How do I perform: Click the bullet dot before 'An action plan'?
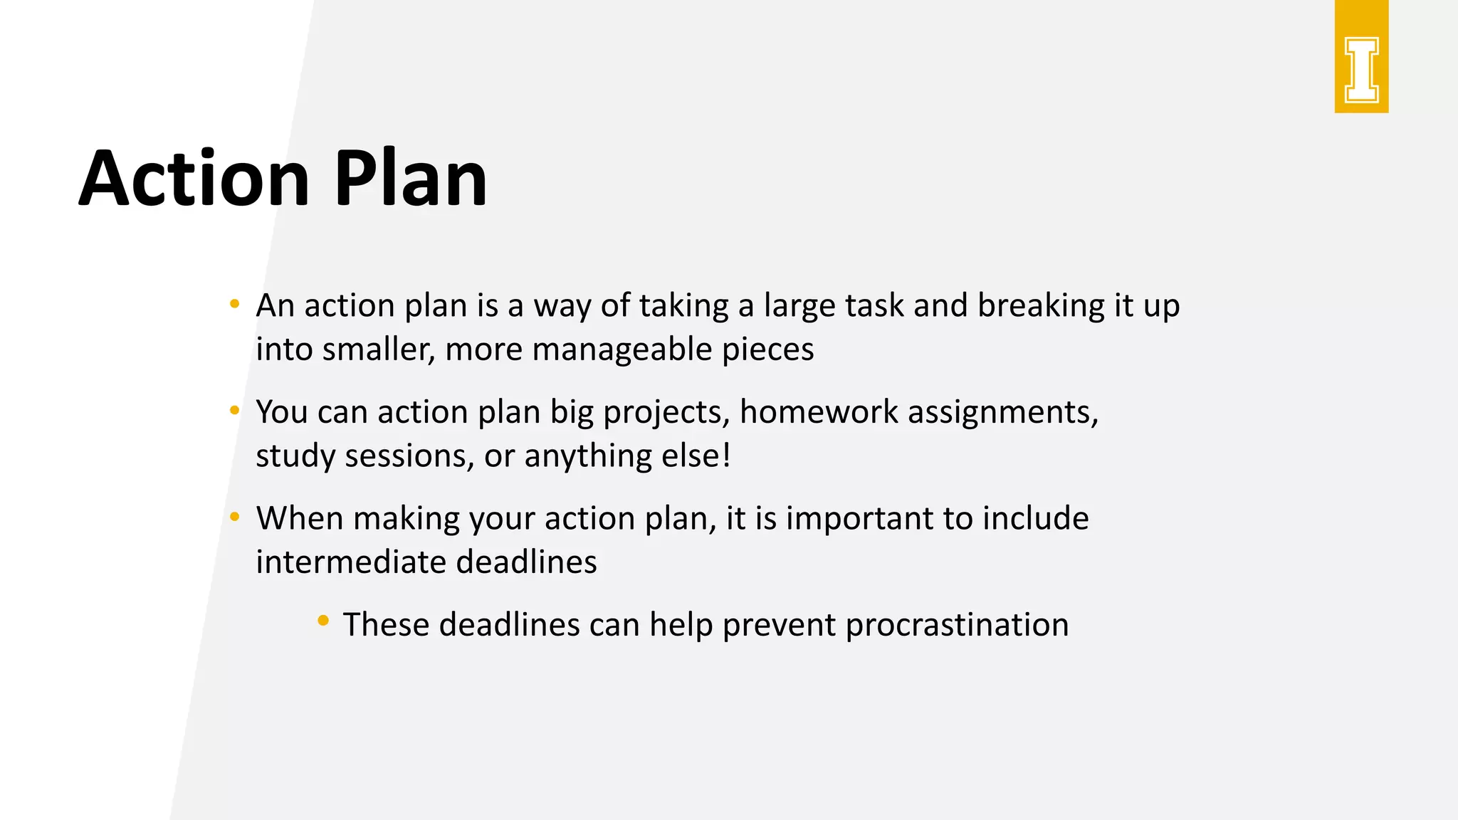(234, 305)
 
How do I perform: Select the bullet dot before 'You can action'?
(234, 411)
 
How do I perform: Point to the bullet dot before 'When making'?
(234, 517)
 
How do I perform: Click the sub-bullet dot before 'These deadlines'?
(323, 621)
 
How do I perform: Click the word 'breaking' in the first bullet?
(1041, 306)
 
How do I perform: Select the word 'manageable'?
(622, 349)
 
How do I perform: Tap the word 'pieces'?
(767, 349)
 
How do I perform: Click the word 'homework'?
(819, 412)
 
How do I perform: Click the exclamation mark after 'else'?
(726, 456)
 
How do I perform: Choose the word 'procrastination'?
(957, 626)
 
